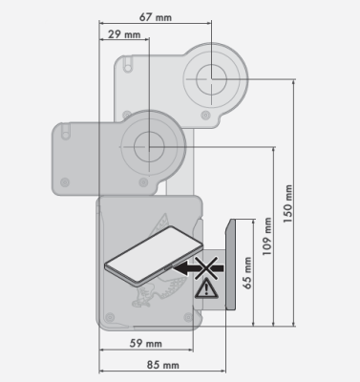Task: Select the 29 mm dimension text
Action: [124, 35]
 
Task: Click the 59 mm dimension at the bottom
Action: [146, 343]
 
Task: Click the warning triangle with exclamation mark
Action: [204, 290]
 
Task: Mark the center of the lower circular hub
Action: [148, 146]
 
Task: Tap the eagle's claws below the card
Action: [144, 306]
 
